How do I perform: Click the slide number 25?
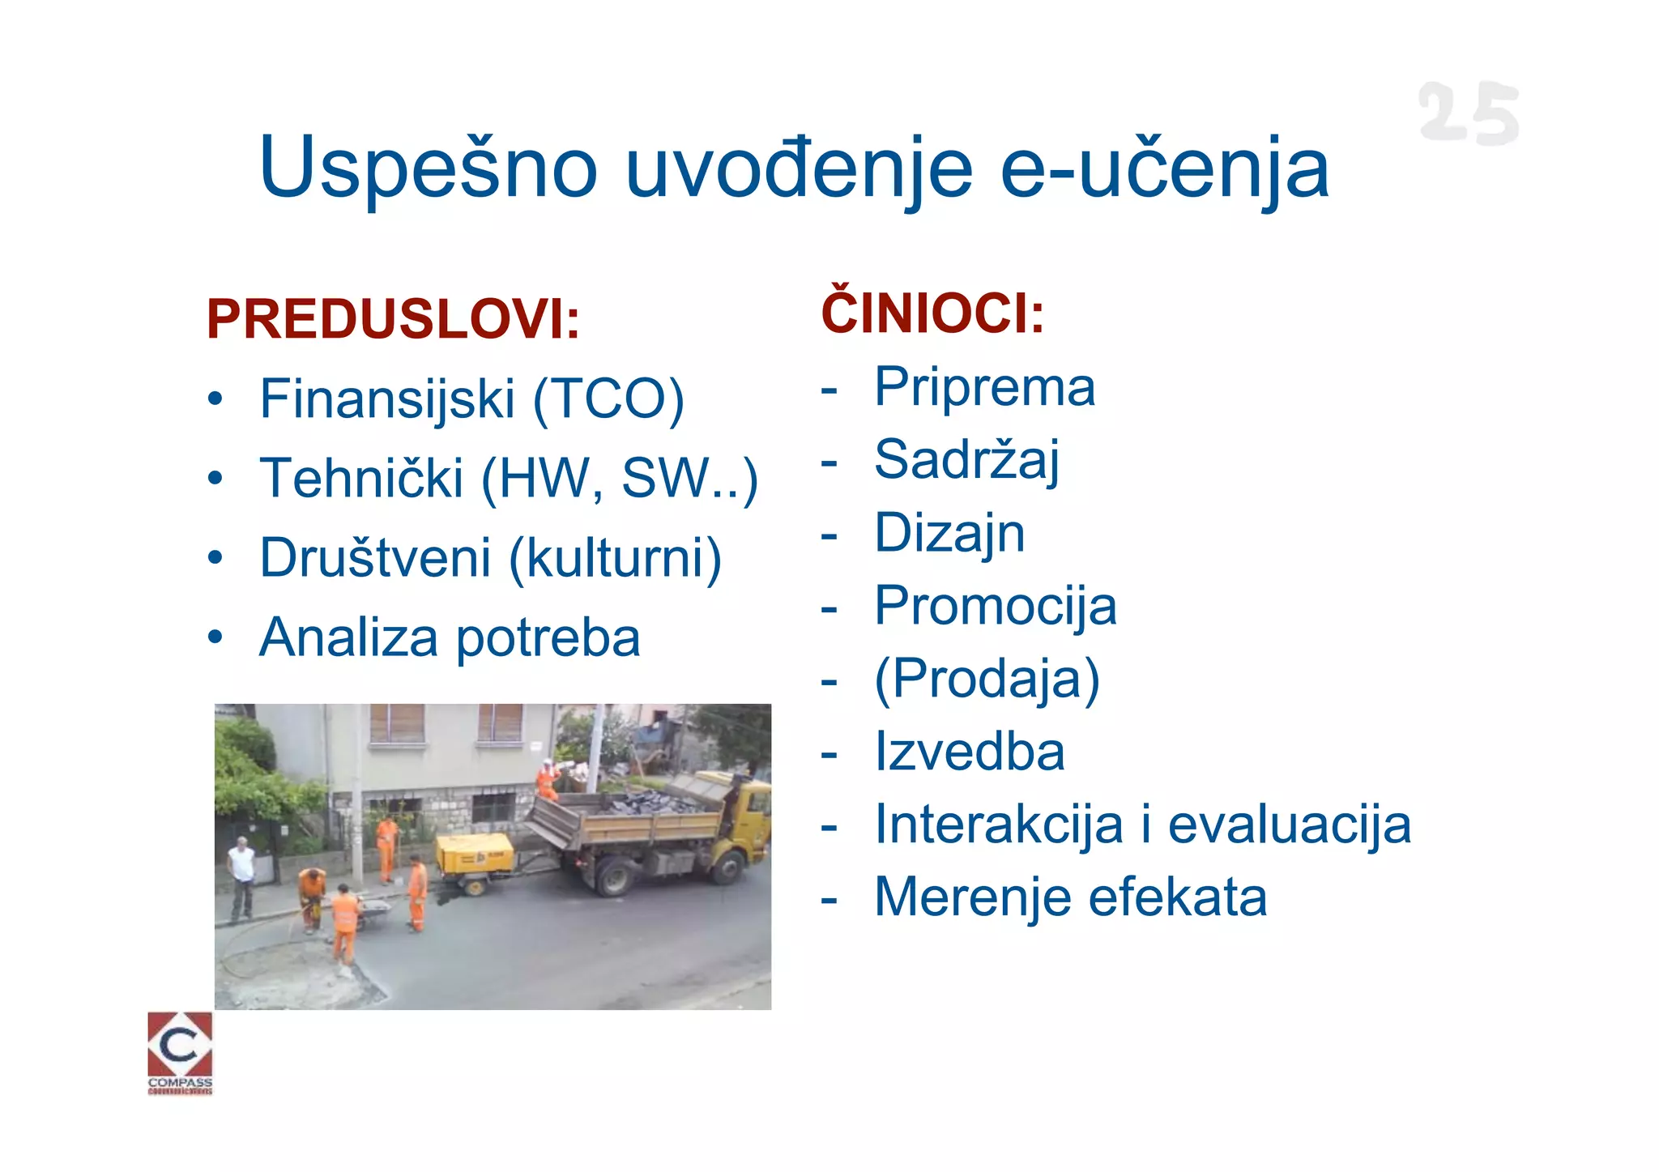tap(1468, 113)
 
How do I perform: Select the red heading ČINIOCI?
tap(932, 312)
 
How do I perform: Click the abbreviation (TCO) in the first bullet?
tap(608, 398)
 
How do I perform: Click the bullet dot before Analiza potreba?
tap(214, 637)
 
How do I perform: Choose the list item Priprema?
tap(984, 386)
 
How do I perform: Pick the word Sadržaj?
tap(966, 459)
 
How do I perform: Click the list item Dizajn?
tap(949, 533)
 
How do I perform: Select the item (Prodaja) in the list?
tap(987, 679)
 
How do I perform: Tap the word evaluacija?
tap(1290, 825)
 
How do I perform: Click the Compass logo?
tap(180, 1051)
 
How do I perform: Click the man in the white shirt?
tap(241, 879)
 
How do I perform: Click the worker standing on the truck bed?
tap(548, 780)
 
